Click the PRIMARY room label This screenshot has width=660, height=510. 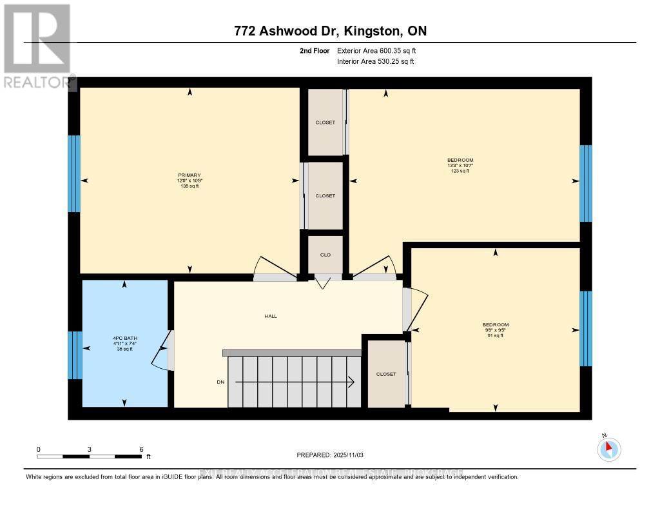click(189, 175)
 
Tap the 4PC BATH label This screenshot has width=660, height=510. click(126, 338)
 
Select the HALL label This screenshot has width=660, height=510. click(271, 316)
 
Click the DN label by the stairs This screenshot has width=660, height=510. click(220, 382)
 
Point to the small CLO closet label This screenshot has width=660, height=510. click(325, 255)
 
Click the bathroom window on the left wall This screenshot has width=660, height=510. click(75, 355)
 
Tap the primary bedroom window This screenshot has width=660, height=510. click(74, 174)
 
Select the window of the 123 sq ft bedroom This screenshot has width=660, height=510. click(585, 183)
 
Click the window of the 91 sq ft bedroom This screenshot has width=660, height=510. click(585, 328)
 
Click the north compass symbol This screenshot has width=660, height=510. click(609, 449)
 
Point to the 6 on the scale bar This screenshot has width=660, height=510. click(141, 449)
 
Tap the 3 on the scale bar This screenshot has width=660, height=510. click(90, 449)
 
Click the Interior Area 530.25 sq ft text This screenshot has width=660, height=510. click(375, 62)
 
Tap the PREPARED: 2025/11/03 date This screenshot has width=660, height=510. click(330, 455)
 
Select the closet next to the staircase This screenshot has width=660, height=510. click(385, 374)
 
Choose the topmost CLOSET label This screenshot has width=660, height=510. click(325, 123)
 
